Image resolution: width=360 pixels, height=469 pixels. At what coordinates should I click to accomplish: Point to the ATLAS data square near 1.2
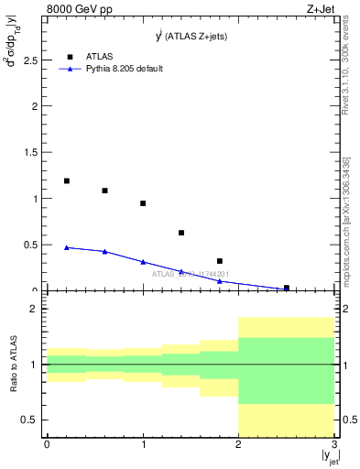click(x=67, y=181)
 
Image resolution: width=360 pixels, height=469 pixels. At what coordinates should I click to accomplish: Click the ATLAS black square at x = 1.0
click(x=143, y=203)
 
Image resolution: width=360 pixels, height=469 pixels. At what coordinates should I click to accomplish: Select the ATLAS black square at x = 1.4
click(x=181, y=233)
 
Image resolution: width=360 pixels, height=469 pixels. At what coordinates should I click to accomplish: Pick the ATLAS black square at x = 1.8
click(x=220, y=261)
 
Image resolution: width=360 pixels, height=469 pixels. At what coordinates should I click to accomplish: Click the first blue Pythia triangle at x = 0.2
click(x=67, y=247)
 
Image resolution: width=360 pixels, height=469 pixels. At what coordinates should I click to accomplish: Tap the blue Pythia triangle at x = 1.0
click(x=143, y=261)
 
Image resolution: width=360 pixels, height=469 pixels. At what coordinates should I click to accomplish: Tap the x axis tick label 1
click(x=143, y=444)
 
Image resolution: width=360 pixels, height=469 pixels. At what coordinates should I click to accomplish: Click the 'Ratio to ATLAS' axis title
click(x=13, y=365)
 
